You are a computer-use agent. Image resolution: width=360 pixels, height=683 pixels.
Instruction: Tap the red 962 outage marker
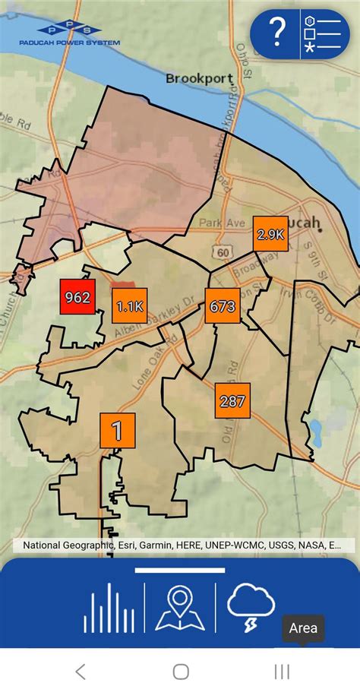77,296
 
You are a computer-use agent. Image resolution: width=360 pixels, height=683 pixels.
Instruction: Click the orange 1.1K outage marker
130,306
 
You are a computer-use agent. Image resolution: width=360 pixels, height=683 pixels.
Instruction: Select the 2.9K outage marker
270,234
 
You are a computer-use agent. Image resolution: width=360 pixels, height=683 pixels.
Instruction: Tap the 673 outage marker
222,306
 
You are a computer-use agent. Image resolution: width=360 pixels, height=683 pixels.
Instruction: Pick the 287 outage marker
232,401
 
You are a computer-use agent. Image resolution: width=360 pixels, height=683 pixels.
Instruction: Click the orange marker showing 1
117,431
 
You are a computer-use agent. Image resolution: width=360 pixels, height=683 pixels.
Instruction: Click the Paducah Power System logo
69,34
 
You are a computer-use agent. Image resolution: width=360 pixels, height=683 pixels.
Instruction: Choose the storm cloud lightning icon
251,608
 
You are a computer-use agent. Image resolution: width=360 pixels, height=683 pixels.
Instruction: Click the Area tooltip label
303,628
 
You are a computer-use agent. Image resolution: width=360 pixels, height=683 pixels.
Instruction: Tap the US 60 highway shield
221,251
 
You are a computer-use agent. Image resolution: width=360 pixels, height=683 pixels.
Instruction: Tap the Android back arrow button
81,671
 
